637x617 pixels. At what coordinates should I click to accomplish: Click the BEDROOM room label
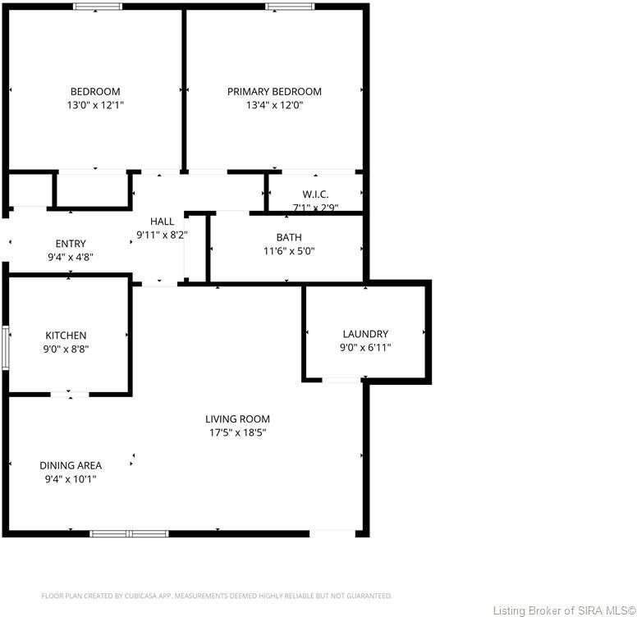pyautogui.click(x=95, y=91)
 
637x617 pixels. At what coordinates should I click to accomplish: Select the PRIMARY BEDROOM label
pyautogui.click(x=274, y=91)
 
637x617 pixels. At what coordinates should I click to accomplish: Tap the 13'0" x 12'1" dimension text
pyautogui.click(x=95, y=105)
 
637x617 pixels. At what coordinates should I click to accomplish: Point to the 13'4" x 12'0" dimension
pyautogui.click(x=274, y=105)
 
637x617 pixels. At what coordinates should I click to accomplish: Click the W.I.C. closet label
pyautogui.click(x=315, y=194)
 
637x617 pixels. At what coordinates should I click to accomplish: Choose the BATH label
pyautogui.click(x=289, y=238)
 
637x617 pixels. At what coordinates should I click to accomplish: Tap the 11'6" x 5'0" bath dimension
pyautogui.click(x=289, y=251)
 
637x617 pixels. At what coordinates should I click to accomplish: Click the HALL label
pyautogui.click(x=162, y=222)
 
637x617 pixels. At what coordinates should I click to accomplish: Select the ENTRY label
pyautogui.click(x=71, y=244)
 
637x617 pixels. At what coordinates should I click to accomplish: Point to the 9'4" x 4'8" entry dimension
pyautogui.click(x=71, y=257)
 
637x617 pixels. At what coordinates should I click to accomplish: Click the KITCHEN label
pyautogui.click(x=66, y=336)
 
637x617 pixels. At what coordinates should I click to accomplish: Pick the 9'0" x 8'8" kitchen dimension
pyautogui.click(x=66, y=349)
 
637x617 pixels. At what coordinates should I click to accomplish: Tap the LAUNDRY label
pyautogui.click(x=365, y=334)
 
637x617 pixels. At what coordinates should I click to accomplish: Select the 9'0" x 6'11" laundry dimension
pyautogui.click(x=365, y=347)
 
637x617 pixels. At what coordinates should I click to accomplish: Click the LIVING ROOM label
pyautogui.click(x=237, y=419)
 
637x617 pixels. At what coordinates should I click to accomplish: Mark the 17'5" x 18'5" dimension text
pyautogui.click(x=237, y=432)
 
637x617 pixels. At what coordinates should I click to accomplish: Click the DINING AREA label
pyautogui.click(x=71, y=465)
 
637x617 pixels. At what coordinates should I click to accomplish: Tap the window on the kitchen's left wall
pyautogui.click(x=6, y=347)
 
